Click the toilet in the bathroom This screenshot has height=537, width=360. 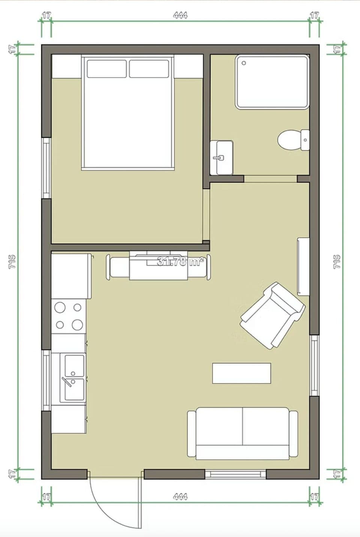(292, 141)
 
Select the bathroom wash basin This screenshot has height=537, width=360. (221, 158)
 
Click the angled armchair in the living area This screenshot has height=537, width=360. (272, 315)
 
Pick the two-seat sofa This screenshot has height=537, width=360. (243, 433)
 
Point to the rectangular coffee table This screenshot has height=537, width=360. (241, 373)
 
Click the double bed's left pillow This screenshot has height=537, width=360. (106, 69)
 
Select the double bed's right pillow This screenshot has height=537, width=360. (149, 69)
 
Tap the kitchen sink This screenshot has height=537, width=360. (73, 378)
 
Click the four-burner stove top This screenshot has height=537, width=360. (69, 316)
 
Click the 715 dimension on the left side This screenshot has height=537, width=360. (12, 262)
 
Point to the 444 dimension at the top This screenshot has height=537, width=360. (180, 15)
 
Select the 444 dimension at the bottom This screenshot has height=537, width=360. (180, 497)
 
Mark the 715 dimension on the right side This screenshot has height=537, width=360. (337, 262)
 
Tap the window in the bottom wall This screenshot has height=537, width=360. (235, 474)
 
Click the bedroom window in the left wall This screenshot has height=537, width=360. (46, 168)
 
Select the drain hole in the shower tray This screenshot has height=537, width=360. (244, 63)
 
